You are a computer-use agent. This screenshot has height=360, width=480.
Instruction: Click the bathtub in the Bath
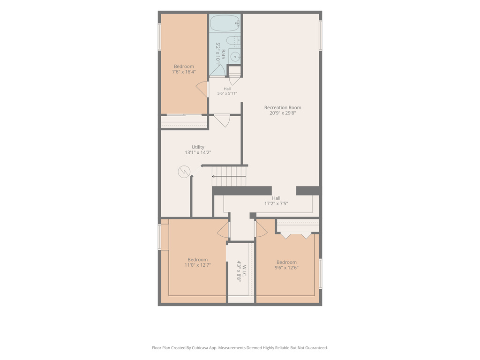click(225, 23)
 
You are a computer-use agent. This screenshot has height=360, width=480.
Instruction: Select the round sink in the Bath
click(235, 57)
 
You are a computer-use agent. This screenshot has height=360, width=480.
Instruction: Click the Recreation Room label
click(283, 107)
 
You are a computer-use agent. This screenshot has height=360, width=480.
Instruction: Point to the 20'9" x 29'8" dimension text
click(283, 113)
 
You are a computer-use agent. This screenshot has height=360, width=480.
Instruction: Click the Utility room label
click(198, 147)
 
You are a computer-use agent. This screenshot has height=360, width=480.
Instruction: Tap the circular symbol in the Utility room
click(184, 172)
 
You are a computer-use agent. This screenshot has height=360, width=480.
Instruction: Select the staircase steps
click(229, 176)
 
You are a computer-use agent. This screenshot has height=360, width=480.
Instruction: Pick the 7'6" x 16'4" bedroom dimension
click(184, 72)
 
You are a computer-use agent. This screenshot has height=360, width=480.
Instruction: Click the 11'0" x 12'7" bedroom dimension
click(197, 265)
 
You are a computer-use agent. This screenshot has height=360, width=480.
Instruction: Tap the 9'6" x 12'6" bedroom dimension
click(286, 268)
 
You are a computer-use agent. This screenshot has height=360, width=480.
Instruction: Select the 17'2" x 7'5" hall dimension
click(276, 203)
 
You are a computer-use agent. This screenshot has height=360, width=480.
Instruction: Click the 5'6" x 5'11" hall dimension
click(227, 93)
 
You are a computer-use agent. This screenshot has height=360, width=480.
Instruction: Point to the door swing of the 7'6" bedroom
click(202, 89)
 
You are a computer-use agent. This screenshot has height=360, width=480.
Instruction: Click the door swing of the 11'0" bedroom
click(223, 230)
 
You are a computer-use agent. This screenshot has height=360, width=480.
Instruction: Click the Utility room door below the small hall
click(222, 120)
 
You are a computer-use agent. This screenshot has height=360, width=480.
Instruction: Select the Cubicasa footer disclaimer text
click(240, 348)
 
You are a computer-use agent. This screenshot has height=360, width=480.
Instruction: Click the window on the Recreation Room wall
click(321, 36)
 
